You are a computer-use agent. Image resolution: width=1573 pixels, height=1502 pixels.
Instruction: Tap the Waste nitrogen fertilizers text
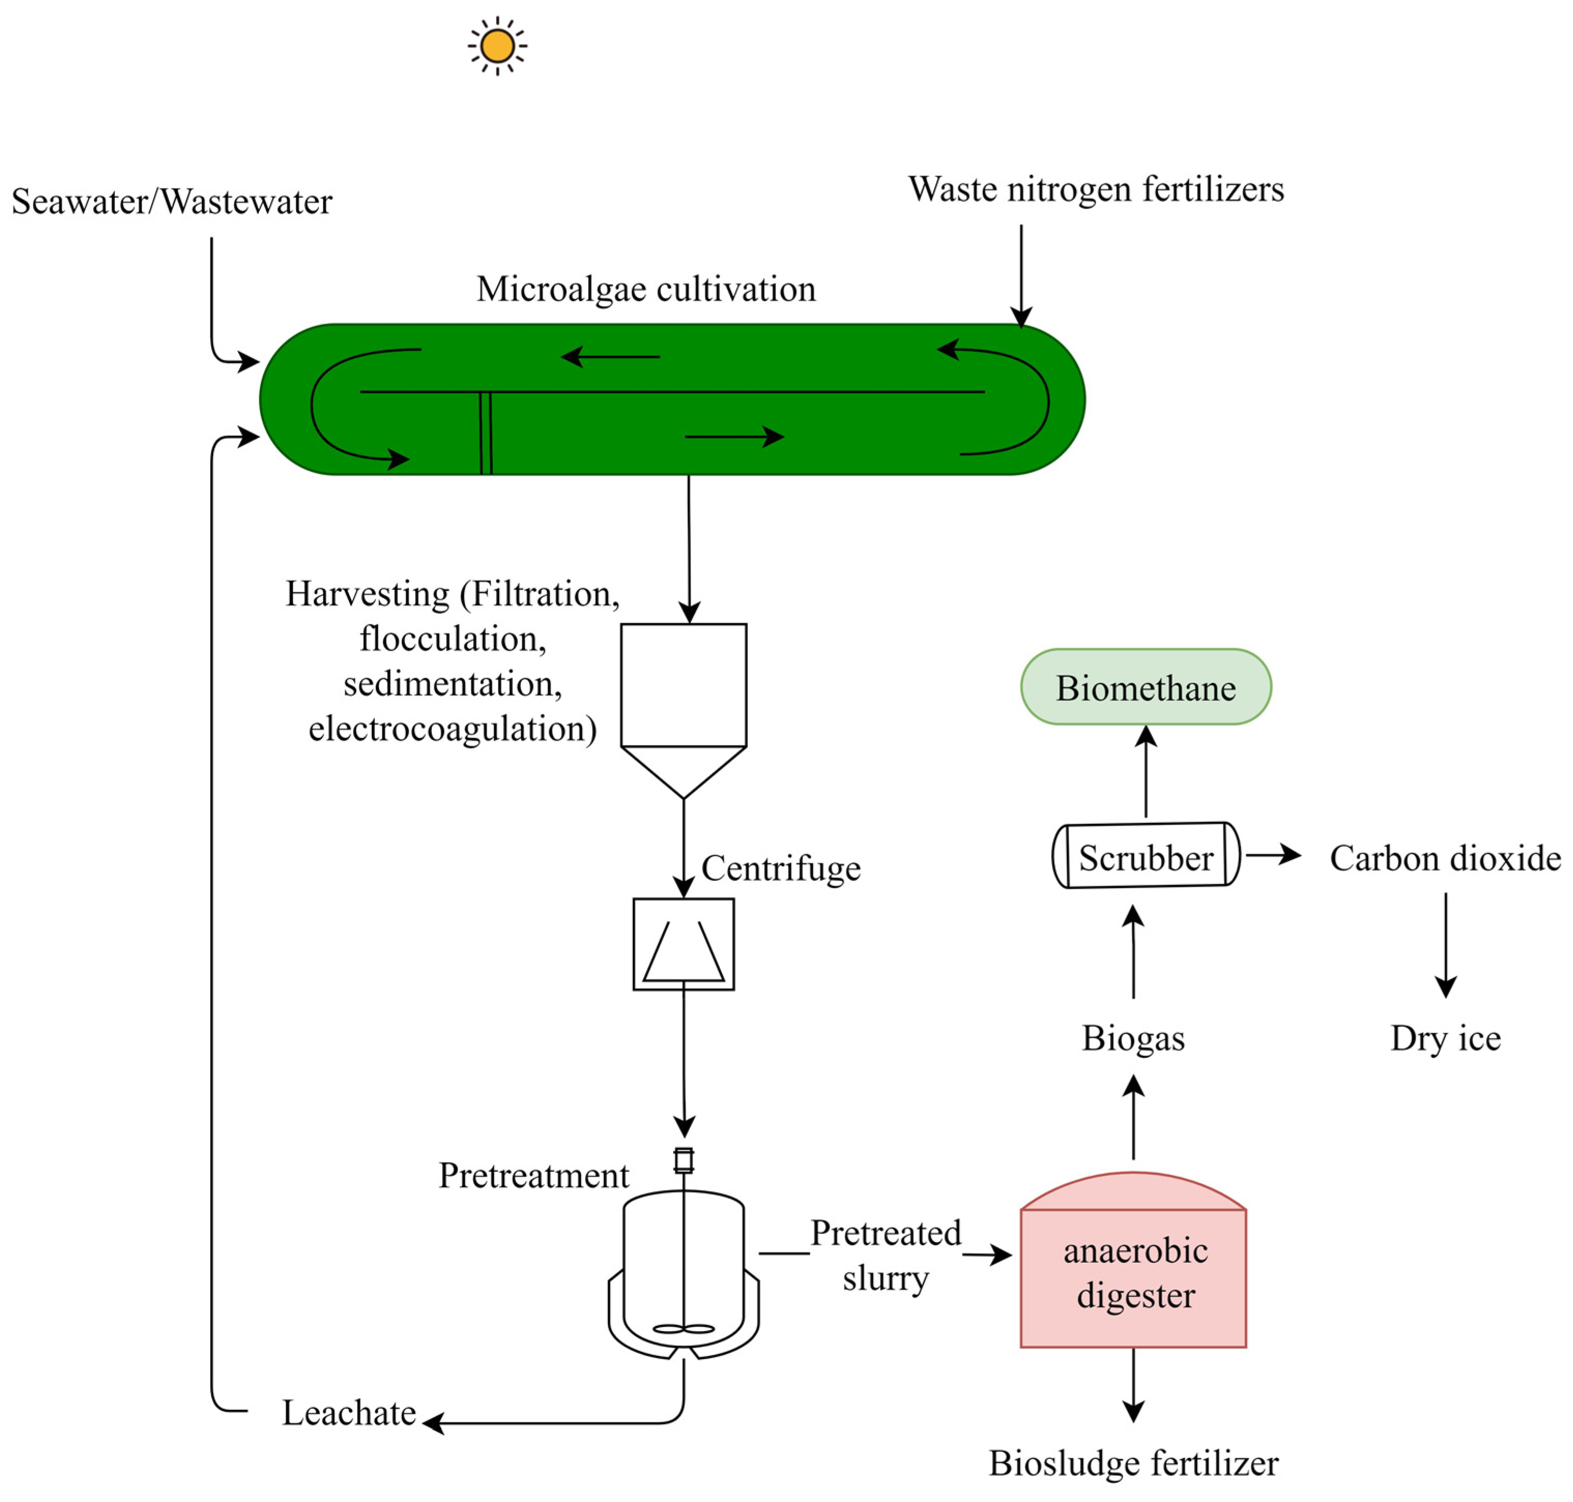pos(1095,190)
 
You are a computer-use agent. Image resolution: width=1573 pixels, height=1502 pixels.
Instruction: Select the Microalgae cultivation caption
pos(646,289)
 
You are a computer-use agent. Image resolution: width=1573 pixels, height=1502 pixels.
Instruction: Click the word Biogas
pos(1132,1038)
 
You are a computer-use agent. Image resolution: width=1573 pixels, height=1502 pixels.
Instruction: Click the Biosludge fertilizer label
pos(1132,1464)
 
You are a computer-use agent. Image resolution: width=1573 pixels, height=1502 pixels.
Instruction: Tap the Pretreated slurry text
pos(885,1256)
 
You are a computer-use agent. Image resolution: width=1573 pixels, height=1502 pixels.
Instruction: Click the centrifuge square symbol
pos(683,944)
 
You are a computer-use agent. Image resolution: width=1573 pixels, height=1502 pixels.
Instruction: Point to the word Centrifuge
pos(780,868)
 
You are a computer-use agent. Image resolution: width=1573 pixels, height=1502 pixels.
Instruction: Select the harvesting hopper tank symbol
pos(683,704)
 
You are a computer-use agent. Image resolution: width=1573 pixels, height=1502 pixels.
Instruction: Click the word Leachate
pos(348,1413)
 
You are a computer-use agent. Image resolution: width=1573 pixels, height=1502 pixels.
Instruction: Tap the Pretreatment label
pos(533,1175)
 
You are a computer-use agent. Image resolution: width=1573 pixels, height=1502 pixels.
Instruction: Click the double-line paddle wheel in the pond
pos(485,432)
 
